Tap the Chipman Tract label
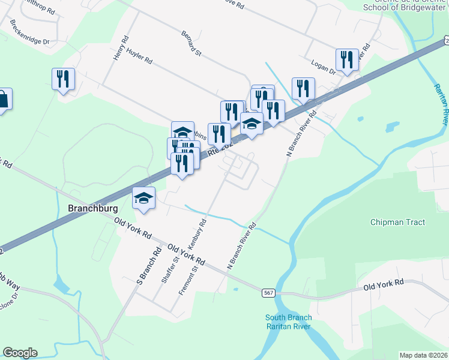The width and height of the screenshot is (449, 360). point(397,222)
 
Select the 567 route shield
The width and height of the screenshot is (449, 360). point(268,293)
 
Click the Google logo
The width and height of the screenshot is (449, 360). point(20,353)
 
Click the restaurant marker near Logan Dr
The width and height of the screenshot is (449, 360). point(346,59)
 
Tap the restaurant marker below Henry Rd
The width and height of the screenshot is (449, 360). point(63,80)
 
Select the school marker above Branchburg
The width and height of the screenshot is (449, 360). point(144,197)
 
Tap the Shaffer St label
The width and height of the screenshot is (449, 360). point(170,269)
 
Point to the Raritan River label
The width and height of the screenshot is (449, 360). point(440,105)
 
